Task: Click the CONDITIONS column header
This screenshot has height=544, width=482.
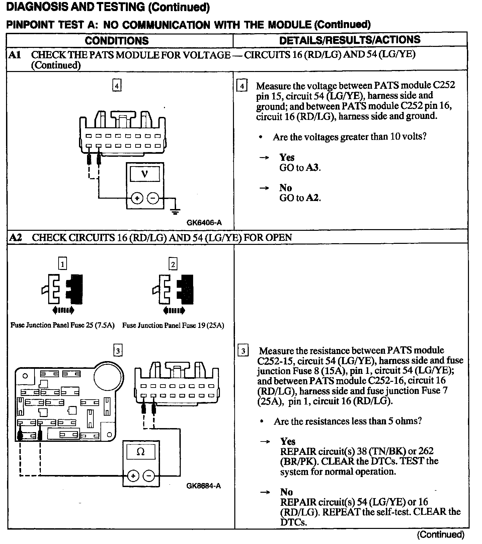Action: click(116, 41)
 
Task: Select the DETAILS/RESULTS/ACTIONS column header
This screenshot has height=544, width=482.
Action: click(349, 40)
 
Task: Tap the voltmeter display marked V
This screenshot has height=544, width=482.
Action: click(145, 174)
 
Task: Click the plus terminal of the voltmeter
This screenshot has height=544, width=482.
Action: click(137, 198)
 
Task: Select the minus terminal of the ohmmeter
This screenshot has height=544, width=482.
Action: click(149, 476)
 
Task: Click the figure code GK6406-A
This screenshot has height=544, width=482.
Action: click(204, 222)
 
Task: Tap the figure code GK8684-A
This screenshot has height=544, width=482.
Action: click(204, 486)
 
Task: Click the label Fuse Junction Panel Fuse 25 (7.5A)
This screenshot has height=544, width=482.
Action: click(63, 325)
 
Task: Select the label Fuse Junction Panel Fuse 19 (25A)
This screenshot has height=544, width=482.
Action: click(173, 325)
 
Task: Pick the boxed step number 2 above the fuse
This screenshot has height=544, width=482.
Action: click(173, 264)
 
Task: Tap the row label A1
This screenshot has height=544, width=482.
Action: click(15, 55)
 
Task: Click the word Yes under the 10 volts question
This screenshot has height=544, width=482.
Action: click(287, 157)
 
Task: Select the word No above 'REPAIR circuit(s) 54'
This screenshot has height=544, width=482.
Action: click(286, 492)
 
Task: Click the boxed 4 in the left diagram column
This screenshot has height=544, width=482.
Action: click(116, 86)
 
